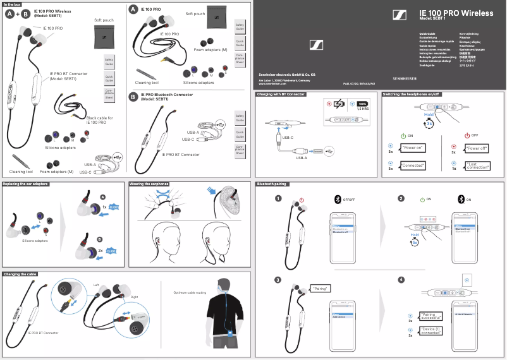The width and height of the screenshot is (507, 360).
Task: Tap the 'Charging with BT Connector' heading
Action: coord(281,94)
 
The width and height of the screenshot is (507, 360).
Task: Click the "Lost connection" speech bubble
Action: coord(478,165)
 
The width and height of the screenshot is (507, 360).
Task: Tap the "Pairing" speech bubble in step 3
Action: coord(321,288)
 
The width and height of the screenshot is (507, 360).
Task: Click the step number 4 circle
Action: coord(401,280)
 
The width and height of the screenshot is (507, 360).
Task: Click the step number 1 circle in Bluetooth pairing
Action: coord(278,199)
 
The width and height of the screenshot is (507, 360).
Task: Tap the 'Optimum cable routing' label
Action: coord(190,292)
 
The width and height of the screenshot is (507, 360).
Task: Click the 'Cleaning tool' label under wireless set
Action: coord(21,171)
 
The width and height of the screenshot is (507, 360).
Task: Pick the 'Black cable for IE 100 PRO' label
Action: coord(99,119)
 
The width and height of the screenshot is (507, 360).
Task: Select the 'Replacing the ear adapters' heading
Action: coord(25,184)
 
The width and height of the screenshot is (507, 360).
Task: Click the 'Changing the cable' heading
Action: coord(20,274)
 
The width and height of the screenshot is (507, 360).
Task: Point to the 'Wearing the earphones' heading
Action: coord(150,184)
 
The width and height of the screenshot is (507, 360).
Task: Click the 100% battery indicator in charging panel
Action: coord(362,103)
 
